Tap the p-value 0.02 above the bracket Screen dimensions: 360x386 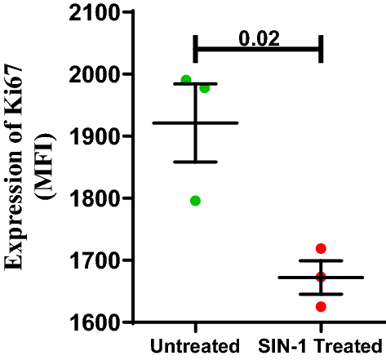(257, 38)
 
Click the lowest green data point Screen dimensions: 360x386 (196, 201)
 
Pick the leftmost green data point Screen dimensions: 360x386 (186, 80)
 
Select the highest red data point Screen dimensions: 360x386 (321, 248)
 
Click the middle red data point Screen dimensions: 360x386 (321, 277)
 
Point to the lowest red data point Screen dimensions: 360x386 (321, 307)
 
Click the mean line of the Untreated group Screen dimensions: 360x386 (196, 122)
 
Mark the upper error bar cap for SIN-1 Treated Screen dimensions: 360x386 (321, 260)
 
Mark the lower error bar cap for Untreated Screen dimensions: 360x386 (196, 162)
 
